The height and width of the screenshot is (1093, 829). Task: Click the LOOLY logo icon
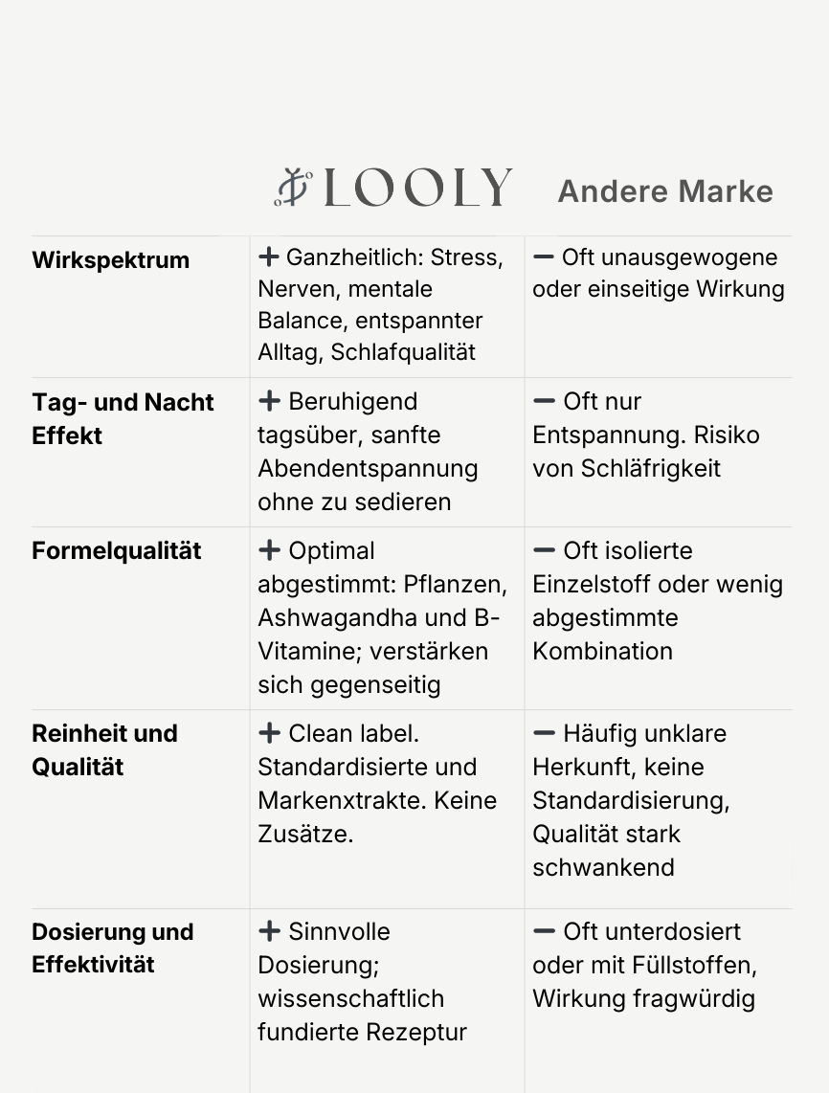pos(294,187)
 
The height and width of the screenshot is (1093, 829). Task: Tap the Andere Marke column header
pos(665,190)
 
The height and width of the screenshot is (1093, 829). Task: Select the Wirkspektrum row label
pos(110,260)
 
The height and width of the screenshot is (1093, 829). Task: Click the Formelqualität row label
pos(117,551)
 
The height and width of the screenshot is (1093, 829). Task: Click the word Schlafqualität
pos(403,351)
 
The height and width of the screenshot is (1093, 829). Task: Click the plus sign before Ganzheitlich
pos(269,257)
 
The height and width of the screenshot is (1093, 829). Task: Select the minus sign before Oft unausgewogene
pos(544,257)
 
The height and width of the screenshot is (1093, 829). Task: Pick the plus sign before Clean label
pos(269,734)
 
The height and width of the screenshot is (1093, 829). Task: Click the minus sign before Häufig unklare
pos(544,734)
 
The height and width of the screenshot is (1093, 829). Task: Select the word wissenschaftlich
pos(350,998)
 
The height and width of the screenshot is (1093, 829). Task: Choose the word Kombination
pos(602,651)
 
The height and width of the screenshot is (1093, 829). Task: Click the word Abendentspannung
pos(368,468)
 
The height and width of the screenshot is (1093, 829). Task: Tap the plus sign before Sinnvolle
pos(269,931)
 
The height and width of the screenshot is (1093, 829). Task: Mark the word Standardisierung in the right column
pos(630,800)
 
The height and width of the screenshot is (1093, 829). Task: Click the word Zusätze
pos(305,834)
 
